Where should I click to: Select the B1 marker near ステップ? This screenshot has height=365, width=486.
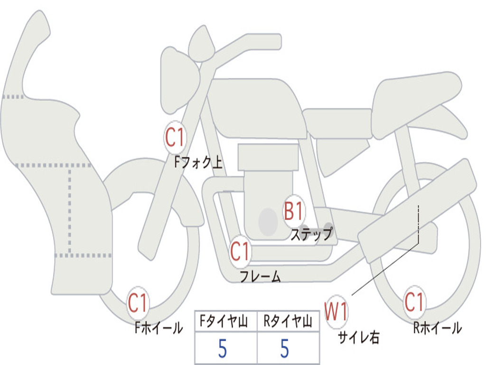tap(294, 211)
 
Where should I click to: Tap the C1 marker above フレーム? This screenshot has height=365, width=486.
tap(240, 252)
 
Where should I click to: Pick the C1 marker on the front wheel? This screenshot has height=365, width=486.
tap(138, 303)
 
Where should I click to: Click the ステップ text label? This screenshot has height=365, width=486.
tap(311, 234)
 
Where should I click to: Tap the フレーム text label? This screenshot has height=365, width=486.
tap(260, 277)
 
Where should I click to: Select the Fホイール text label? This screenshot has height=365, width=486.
tap(159, 327)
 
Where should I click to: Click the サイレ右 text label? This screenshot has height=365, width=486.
tap(358, 337)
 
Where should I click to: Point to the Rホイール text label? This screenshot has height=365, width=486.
tap(437, 327)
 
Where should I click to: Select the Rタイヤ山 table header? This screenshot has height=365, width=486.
tap(288, 323)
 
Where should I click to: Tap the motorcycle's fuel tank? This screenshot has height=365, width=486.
tap(256, 107)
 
